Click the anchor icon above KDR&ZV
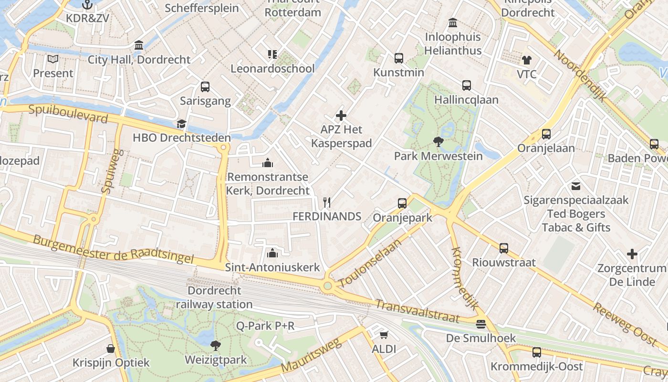pyautogui.click(x=87, y=5)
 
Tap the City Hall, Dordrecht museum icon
pyautogui.click(x=139, y=45)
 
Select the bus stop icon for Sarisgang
pyautogui.click(x=205, y=87)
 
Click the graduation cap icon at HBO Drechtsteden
pyautogui.click(x=181, y=124)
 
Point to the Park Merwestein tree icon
pyautogui.click(x=438, y=142)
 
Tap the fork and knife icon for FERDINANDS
pyautogui.click(x=327, y=202)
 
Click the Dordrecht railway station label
pyautogui.click(x=214, y=297)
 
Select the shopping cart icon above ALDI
pyautogui.click(x=384, y=335)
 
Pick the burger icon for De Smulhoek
pyautogui.click(x=481, y=324)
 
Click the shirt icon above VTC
pyautogui.click(x=526, y=60)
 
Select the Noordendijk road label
pyautogui.click(x=579, y=75)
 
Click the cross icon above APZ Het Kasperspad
pyautogui.click(x=341, y=116)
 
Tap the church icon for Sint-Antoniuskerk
pyautogui.click(x=272, y=253)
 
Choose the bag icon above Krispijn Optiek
pyautogui.click(x=111, y=349)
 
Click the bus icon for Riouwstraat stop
pyautogui.click(x=504, y=248)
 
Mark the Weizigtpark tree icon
pyautogui.click(x=216, y=345)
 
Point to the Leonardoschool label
pyautogui.click(x=272, y=68)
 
